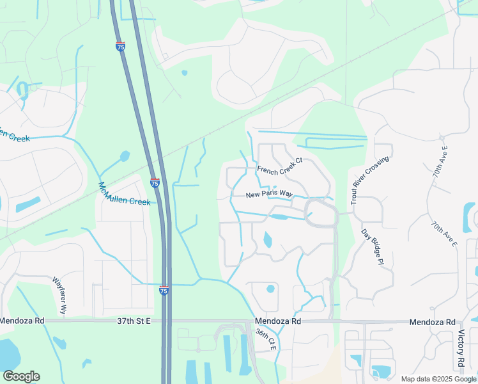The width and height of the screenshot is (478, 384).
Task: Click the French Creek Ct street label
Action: [279, 170]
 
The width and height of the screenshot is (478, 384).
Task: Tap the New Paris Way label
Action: [270, 195]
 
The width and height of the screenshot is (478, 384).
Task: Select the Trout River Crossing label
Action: [370, 180]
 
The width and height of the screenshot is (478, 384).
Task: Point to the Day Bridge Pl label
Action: [372, 246]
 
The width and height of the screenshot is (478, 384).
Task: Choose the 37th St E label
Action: [130, 321]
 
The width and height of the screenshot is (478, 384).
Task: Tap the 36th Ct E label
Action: [265, 340]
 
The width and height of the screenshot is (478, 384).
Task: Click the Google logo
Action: [21, 376]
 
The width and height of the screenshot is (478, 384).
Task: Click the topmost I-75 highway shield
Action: [121, 46]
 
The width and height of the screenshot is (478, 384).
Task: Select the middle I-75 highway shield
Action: [155, 183]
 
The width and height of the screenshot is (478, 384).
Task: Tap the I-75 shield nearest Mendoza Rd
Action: [164, 291]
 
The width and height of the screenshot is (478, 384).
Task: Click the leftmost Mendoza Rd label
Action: [22, 321]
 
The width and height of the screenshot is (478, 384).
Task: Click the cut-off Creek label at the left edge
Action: [15, 136]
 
